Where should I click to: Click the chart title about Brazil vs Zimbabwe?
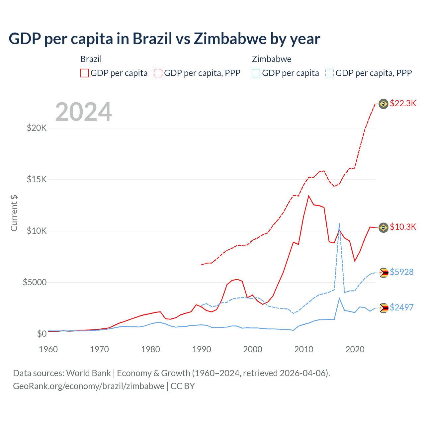click(x=164, y=39)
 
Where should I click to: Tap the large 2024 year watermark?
click(x=83, y=112)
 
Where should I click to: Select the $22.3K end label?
click(x=403, y=103)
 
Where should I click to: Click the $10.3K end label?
click(x=403, y=227)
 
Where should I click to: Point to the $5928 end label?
click(x=401, y=272)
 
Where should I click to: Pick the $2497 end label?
click(x=401, y=307)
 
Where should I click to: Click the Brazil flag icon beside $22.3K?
click(x=383, y=104)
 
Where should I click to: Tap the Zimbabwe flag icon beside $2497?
click(x=383, y=308)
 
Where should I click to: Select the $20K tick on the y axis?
click(x=37, y=128)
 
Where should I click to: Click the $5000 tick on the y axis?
click(x=35, y=282)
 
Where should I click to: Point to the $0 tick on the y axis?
click(x=42, y=334)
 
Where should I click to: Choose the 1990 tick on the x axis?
click(x=202, y=349)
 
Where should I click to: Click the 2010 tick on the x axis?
click(x=304, y=349)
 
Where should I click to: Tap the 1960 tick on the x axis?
click(x=48, y=349)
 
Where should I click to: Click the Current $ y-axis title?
click(x=14, y=213)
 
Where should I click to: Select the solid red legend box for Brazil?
click(x=85, y=73)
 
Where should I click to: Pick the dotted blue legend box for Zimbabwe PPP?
click(x=330, y=73)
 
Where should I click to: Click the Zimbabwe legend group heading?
click(x=272, y=59)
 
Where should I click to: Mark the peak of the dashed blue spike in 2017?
click(x=339, y=223)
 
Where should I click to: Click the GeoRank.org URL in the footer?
click(x=89, y=386)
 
